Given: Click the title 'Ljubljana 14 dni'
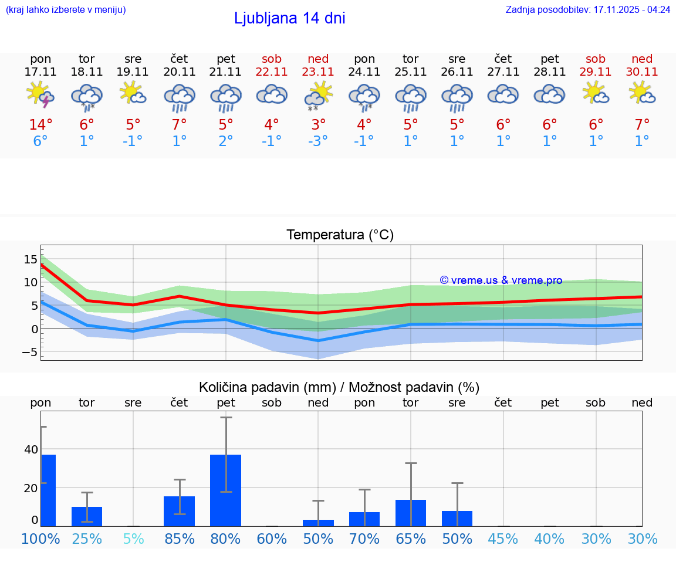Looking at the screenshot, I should click(x=289, y=18).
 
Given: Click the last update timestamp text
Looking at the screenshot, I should click(x=587, y=10).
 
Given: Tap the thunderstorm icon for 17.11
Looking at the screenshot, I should click(x=40, y=95).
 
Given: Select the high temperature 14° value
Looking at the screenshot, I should click(x=40, y=125).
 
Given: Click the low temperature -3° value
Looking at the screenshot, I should click(x=318, y=141).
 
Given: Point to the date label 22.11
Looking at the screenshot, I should click(x=272, y=72).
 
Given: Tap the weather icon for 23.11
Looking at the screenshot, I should click(x=318, y=95).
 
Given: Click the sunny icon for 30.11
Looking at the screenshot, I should click(x=642, y=93).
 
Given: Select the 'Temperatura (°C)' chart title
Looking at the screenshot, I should click(x=340, y=235).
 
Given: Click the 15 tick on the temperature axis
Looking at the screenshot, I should click(x=31, y=259).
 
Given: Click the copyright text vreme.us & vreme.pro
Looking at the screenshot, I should click(x=501, y=280).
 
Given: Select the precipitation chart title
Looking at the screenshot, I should click(x=339, y=387).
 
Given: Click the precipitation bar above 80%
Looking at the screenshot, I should click(x=226, y=490).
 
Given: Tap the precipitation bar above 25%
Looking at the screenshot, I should click(x=87, y=516).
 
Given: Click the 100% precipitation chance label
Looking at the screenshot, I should click(x=40, y=539).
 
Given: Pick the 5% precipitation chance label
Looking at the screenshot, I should click(x=133, y=539).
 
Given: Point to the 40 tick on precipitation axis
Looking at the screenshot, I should click(x=31, y=450).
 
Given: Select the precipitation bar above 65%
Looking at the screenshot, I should click(x=411, y=513).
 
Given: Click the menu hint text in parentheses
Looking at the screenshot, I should click(x=66, y=10).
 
